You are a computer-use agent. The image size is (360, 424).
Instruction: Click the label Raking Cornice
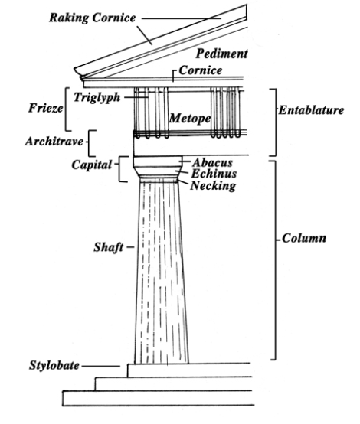click(93, 18)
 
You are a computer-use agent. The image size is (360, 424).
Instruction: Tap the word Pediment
click(221, 54)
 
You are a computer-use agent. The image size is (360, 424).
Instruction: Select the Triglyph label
click(97, 97)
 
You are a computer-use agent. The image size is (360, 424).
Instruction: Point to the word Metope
click(190, 118)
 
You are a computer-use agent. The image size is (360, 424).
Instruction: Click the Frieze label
click(46, 108)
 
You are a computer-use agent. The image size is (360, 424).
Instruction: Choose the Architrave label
click(54, 141)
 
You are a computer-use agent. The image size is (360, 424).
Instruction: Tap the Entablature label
click(311, 110)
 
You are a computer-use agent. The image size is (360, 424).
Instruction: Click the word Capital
click(92, 165)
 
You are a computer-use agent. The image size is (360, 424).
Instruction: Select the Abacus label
click(212, 162)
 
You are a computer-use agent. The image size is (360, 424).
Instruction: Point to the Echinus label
click(214, 173)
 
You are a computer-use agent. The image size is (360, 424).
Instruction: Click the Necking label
click(213, 185)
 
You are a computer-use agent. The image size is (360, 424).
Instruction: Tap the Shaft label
click(109, 247)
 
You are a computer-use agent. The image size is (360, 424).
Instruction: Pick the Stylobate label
click(54, 365)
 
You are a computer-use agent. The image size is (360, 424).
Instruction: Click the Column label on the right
click(304, 238)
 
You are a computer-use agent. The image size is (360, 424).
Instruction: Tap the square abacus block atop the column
click(158, 161)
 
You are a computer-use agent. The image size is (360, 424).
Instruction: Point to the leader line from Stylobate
click(100, 366)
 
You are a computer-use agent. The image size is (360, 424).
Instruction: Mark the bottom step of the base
click(159, 398)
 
